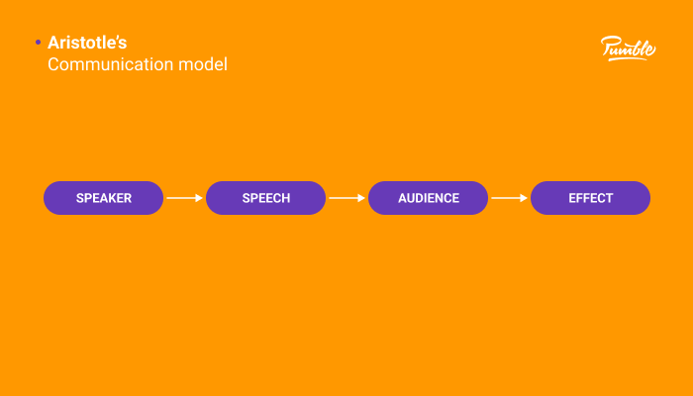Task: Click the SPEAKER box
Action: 103,198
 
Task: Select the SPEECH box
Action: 265,198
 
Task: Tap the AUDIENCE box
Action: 428,198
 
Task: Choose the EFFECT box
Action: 590,198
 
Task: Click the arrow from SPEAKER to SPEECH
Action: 184,198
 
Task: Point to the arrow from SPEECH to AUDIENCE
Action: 346,198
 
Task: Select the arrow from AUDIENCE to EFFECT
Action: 509,198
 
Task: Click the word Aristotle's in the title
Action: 87,43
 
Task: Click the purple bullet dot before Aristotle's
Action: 38,43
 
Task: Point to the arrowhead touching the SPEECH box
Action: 200,198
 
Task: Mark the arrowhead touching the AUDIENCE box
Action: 362,198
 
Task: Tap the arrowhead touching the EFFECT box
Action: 525,198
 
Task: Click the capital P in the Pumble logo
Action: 608,46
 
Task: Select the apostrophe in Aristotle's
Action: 118,39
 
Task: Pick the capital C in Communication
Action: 54,65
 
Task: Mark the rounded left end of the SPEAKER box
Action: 49,198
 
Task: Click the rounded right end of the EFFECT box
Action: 643,198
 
